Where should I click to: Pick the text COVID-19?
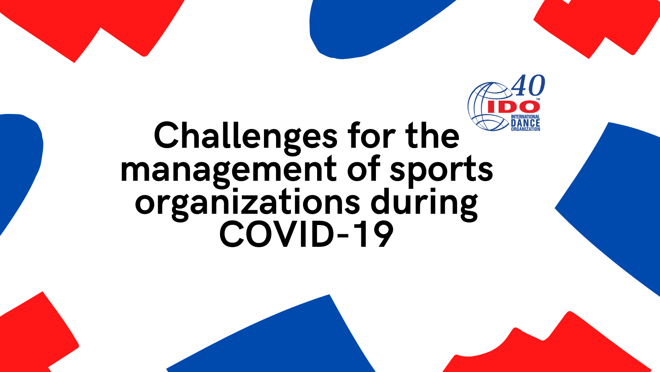point(306,235)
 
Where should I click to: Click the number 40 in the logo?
point(528,85)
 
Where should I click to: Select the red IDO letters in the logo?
point(512,107)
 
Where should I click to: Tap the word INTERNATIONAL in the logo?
point(525,117)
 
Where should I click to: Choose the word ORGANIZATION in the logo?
point(525,129)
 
